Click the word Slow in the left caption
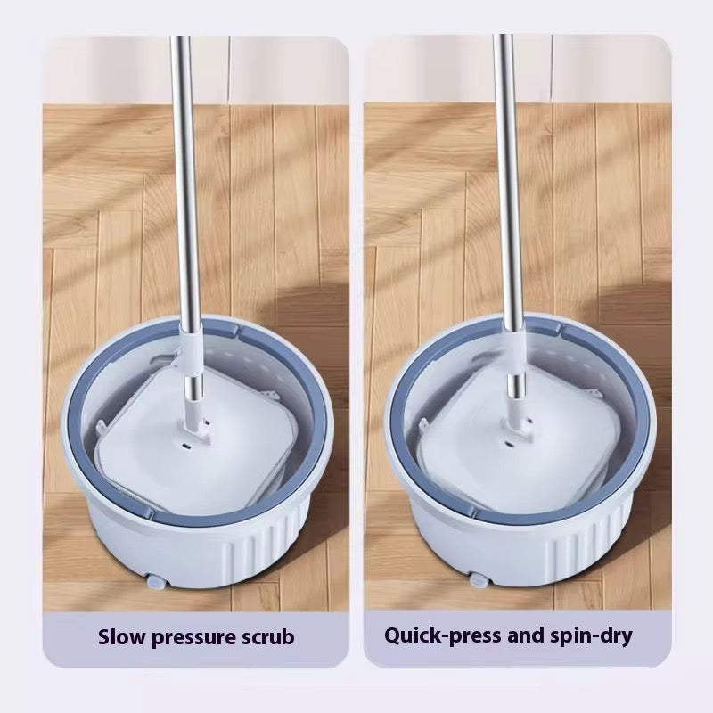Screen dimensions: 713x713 (120, 636)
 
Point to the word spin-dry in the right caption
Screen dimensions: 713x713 (591, 636)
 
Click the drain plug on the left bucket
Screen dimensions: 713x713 (155, 582)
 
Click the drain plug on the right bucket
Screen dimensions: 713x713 (479, 579)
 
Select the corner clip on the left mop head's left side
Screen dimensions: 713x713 (102, 428)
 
